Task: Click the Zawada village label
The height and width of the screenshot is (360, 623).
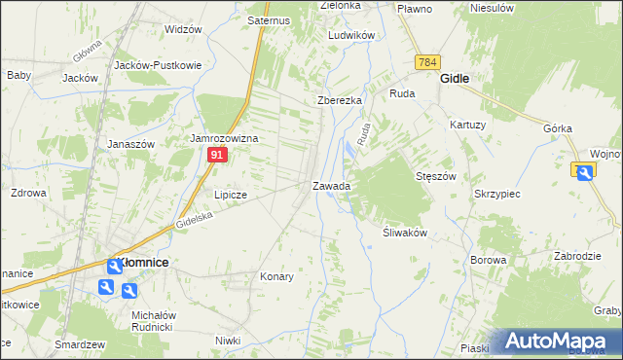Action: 331,185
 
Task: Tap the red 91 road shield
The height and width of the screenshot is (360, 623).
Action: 220,155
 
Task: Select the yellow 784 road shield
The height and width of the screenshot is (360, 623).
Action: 425,62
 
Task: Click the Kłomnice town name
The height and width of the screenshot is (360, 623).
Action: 143,264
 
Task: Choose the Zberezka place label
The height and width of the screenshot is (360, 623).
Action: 340,100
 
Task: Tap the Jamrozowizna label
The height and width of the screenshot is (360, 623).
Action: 223,138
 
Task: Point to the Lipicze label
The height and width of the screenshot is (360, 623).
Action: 230,195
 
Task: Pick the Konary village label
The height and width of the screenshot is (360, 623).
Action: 276,276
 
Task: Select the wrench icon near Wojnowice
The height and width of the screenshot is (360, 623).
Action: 584,172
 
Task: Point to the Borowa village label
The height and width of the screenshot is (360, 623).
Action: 489,260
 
